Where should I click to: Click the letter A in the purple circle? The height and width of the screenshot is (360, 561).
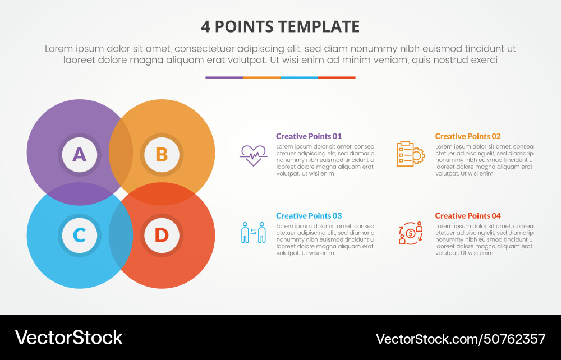coord(80,154)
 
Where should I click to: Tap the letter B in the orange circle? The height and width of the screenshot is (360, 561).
coord(162,154)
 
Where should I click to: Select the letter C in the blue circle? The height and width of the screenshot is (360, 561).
coord(80,235)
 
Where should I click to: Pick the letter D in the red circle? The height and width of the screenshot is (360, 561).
coord(162,235)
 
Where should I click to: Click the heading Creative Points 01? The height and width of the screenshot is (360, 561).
coord(309,136)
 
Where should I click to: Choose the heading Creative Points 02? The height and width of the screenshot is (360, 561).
coord(468,136)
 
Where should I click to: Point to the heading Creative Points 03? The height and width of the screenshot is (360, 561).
coord(309,216)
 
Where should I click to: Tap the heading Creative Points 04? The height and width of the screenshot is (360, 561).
coord(468,216)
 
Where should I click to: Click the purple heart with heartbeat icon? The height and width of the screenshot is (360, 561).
coord(253,155)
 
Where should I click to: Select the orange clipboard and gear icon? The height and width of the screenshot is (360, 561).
coord(410,154)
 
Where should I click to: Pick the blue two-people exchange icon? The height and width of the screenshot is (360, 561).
coord(253,233)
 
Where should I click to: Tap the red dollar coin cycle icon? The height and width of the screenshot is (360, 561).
coord(410,233)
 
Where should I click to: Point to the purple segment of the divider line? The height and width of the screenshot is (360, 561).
coord(224,77)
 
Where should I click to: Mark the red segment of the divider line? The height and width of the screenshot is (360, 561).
coord(337,77)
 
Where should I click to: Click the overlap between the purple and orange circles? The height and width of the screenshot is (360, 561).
coord(121,153)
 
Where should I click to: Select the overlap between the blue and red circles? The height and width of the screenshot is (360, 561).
coord(121,235)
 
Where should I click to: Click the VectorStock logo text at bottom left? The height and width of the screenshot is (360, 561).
coord(68,338)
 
